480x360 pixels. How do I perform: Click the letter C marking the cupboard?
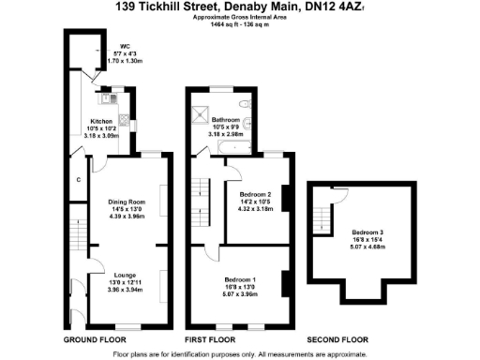79,179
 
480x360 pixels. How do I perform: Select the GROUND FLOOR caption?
95,338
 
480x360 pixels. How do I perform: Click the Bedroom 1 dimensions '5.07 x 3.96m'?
241,292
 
